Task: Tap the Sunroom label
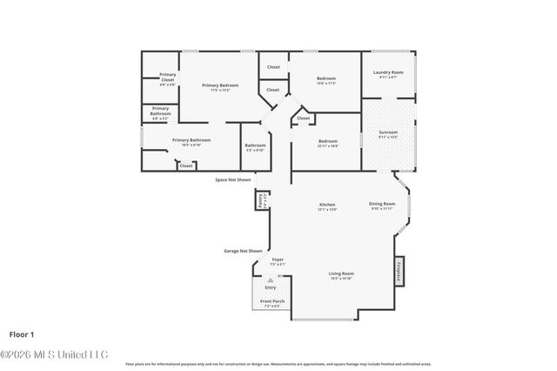point(388,134)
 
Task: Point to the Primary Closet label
point(167,80)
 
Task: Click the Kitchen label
point(326,206)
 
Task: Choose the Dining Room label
point(382,206)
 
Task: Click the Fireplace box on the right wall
point(399,272)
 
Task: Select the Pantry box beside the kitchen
point(261,199)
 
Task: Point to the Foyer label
point(277,261)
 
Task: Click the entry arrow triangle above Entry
point(271,280)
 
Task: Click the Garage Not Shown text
point(243,251)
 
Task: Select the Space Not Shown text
point(232,179)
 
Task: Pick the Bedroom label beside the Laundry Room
point(325,80)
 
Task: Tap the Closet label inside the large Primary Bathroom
point(186,165)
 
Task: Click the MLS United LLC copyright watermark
point(54,354)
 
